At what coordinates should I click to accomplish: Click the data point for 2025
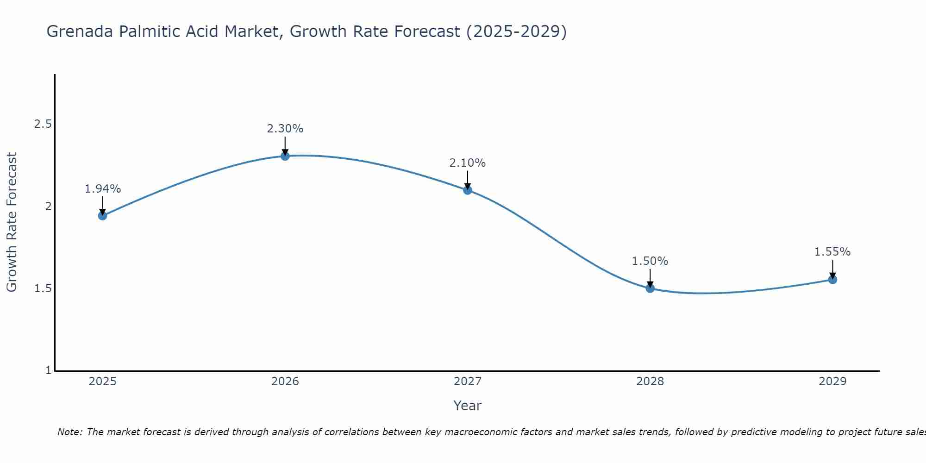coord(102,215)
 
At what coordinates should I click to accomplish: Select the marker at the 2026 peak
coord(285,156)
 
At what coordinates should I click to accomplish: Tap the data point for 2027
coord(468,189)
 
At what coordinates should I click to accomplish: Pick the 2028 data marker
coord(650,288)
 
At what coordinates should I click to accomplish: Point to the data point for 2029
coord(832,279)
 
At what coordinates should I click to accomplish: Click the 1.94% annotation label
coord(102,189)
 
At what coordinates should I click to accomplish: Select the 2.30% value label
coord(285,129)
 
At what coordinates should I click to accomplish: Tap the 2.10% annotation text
coord(468,163)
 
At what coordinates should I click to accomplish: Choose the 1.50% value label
coord(650,261)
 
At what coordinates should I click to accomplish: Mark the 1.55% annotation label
coord(832,252)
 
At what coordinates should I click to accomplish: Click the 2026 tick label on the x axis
coord(285,382)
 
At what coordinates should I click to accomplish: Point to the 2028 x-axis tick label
coord(650,382)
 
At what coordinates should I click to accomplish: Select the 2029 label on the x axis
coord(832,382)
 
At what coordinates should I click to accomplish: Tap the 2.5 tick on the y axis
coord(43,124)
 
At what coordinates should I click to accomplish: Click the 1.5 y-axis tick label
coord(43,288)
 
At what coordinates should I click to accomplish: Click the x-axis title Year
coord(468,406)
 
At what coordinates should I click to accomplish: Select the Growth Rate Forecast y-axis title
coord(12,222)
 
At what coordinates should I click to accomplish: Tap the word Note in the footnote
coord(69,432)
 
